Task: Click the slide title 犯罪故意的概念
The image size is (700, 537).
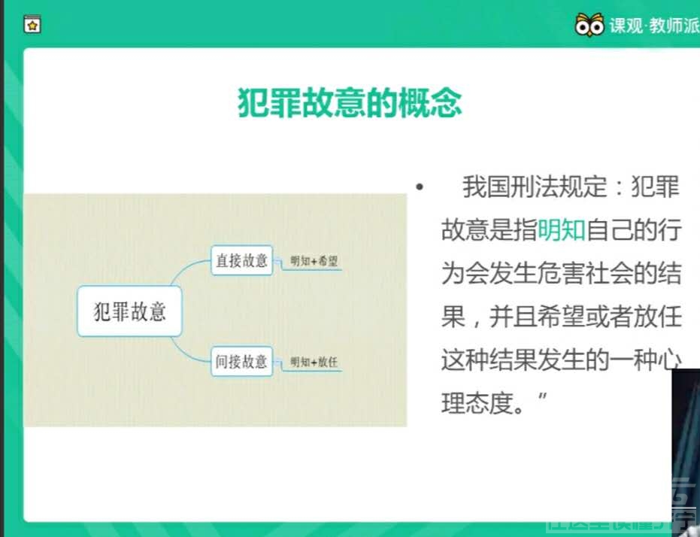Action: [350, 105]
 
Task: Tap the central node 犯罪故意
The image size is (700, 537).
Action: [129, 311]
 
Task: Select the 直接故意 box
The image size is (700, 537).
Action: [241, 260]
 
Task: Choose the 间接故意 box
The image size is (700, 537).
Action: [241, 361]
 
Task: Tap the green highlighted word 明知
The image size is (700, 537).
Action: [561, 230]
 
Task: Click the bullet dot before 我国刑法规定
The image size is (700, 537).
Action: [419, 187]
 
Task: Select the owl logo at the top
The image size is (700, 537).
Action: [589, 25]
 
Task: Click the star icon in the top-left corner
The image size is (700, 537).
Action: [32, 25]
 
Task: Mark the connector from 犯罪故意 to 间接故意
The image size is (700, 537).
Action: [192, 350]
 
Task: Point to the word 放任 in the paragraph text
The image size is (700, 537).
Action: [657, 317]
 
